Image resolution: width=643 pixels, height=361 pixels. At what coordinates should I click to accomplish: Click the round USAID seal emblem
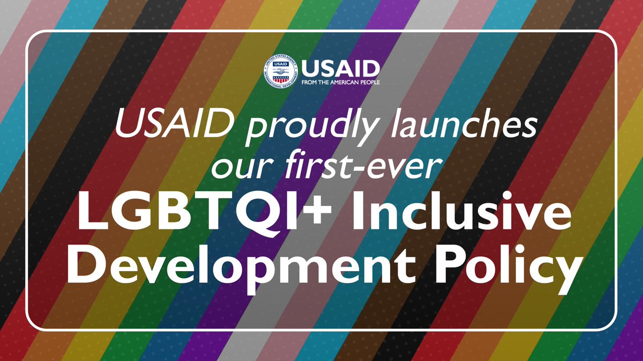click(x=280, y=71)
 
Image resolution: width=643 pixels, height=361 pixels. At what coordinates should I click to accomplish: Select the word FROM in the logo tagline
click(x=310, y=83)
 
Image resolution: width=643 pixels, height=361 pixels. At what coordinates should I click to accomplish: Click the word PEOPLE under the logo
click(x=370, y=83)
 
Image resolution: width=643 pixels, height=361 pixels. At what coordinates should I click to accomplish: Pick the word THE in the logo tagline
click(x=325, y=83)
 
